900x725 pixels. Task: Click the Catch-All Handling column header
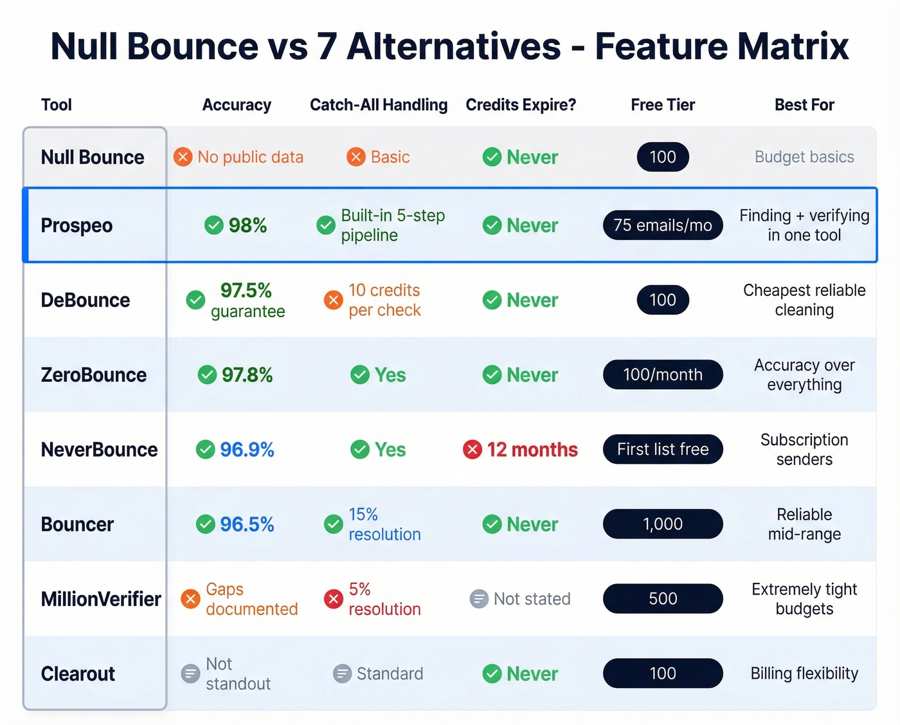pyautogui.click(x=379, y=105)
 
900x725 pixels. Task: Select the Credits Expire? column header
pyautogui.click(x=521, y=105)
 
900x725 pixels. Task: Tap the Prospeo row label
pyautogui.click(x=76, y=226)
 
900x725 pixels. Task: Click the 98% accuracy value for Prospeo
pyautogui.click(x=248, y=226)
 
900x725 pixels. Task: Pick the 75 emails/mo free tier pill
pyautogui.click(x=663, y=226)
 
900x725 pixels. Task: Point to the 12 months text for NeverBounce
pyautogui.click(x=532, y=450)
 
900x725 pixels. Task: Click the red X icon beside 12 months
pyautogui.click(x=473, y=450)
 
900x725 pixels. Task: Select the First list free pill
pyautogui.click(x=663, y=450)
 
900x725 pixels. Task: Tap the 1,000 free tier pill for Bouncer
pyautogui.click(x=663, y=524)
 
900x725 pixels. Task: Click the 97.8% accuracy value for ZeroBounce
pyautogui.click(x=248, y=375)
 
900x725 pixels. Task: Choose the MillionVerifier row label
pyautogui.click(x=101, y=599)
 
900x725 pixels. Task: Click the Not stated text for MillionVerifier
pyautogui.click(x=532, y=599)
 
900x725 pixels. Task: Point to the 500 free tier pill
pyautogui.click(x=663, y=599)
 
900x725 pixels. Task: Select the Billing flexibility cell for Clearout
pyautogui.click(x=804, y=674)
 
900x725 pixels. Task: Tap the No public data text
pyautogui.click(x=250, y=157)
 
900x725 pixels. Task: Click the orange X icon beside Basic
pyautogui.click(x=355, y=157)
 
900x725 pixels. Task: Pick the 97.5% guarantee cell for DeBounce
pyautogui.click(x=247, y=300)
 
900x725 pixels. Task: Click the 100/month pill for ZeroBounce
pyautogui.click(x=663, y=375)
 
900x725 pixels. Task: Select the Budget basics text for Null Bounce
pyautogui.click(x=804, y=157)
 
